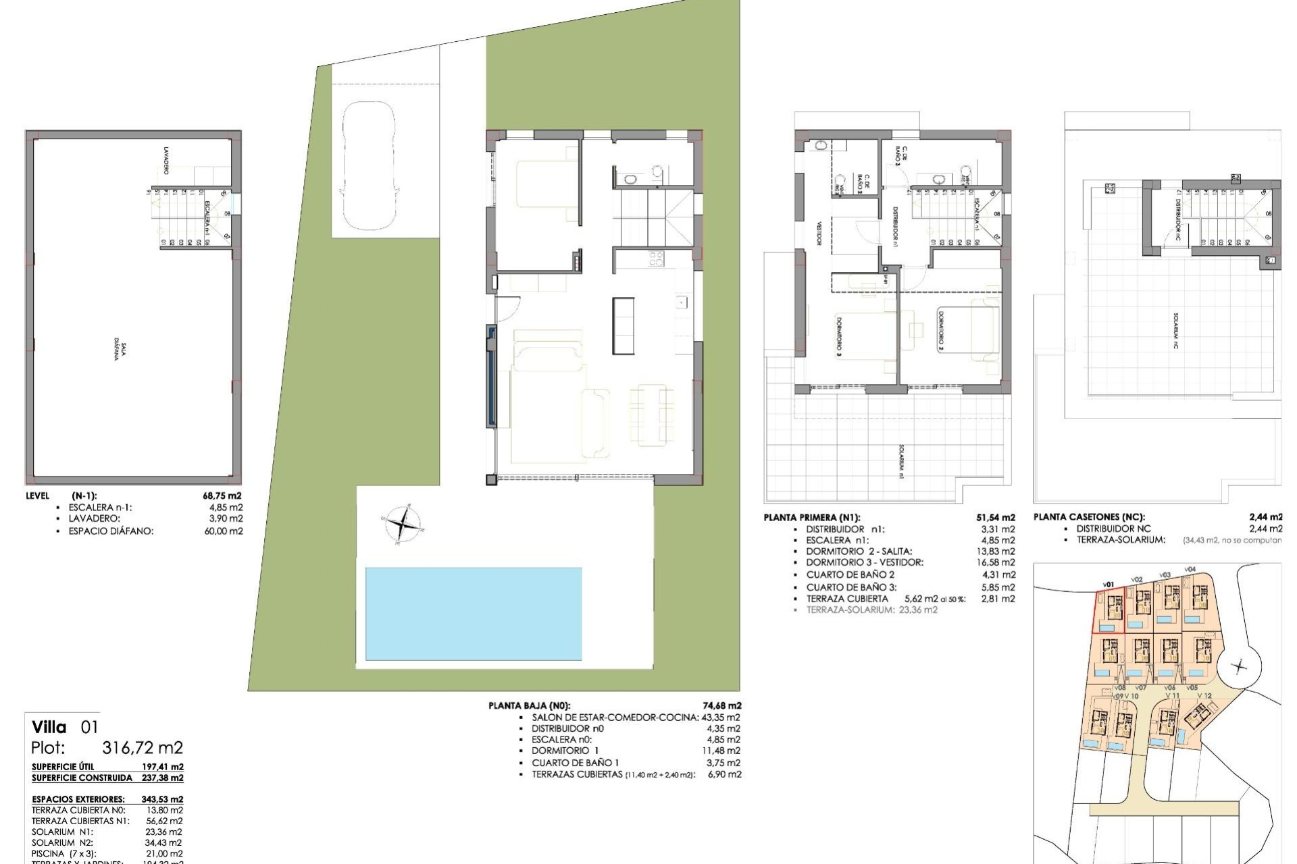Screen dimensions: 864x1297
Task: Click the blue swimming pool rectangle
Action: [473, 613]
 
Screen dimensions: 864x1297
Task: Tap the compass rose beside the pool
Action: [403, 524]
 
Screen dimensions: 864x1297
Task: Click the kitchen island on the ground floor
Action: [623, 325]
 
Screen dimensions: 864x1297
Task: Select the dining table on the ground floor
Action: [652, 414]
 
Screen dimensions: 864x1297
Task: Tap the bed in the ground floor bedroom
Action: [547, 184]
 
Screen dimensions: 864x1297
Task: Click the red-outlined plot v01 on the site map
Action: [1109, 610]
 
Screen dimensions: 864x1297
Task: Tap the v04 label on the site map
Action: [1190, 569]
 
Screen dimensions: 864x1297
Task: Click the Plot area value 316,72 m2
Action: [142, 748]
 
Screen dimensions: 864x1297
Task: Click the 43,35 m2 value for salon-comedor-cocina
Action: [721, 718]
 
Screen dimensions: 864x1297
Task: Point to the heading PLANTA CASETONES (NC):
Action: [1089, 517]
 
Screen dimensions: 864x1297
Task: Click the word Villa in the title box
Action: [49, 727]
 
